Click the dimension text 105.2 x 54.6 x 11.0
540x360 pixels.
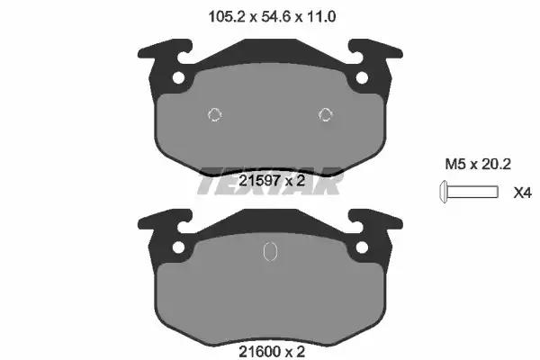click(272, 16)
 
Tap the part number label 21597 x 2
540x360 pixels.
click(272, 180)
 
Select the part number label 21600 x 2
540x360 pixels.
click(272, 352)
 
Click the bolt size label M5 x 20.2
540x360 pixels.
click(478, 164)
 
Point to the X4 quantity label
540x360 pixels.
click(522, 193)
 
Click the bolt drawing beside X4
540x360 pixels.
click(469, 192)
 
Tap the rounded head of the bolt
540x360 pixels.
click(444, 192)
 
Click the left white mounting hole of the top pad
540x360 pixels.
click(178, 78)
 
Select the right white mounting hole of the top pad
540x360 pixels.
click(362, 78)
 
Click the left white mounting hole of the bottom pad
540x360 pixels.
click(178, 247)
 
